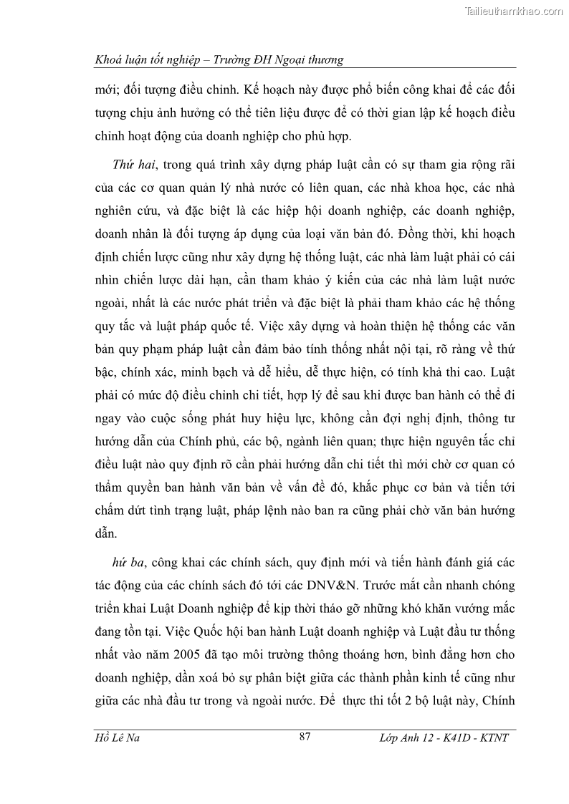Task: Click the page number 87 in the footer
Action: (304, 737)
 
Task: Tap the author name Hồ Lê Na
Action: (118, 738)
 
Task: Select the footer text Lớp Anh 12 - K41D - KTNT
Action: (442, 738)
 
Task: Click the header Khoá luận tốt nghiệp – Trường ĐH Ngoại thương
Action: (219, 60)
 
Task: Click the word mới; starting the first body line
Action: (108, 92)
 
